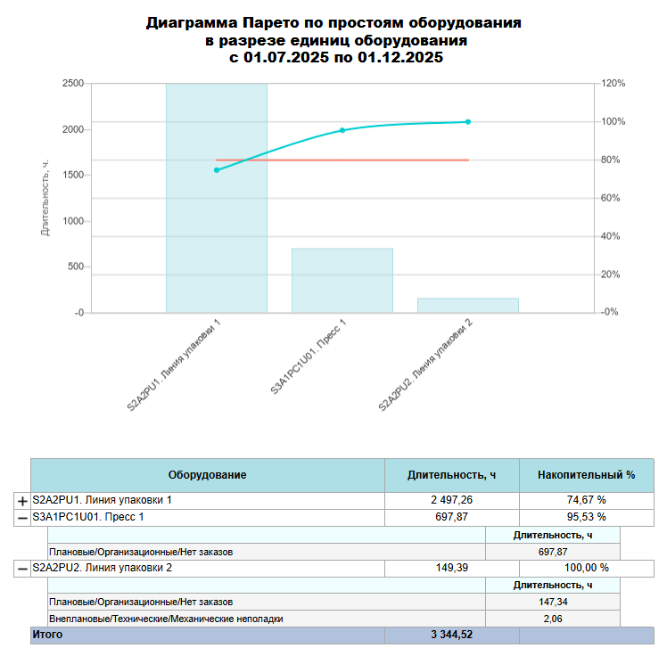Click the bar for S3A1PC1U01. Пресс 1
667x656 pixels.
click(x=342, y=280)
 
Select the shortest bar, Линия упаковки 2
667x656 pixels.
click(x=467, y=305)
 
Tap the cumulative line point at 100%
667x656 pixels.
click(x=468, y=122)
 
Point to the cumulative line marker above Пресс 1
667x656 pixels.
click(x=342, y=130)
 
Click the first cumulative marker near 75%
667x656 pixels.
click(x=217, y=170)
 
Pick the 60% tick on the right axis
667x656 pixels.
click(x=612, y=198)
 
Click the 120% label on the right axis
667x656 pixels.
click(x=613, y=84)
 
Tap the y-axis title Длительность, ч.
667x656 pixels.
click(x=45, y=198)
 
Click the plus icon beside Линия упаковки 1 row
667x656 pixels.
click(x=22, y=501)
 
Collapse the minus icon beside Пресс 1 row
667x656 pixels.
click(x=22, y=518)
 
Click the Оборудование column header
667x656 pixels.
click(x=207, y=475)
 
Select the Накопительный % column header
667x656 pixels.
click(x=586, y=475)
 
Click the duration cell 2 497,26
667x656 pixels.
click(x=451, y=500)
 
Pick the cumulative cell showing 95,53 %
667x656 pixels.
click(x=586, y=517)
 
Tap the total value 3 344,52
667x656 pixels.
click(x=451, y=635)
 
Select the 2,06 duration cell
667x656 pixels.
click(x=554, y=619)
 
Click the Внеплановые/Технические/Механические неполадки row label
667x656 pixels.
click(x=166, y=619)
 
